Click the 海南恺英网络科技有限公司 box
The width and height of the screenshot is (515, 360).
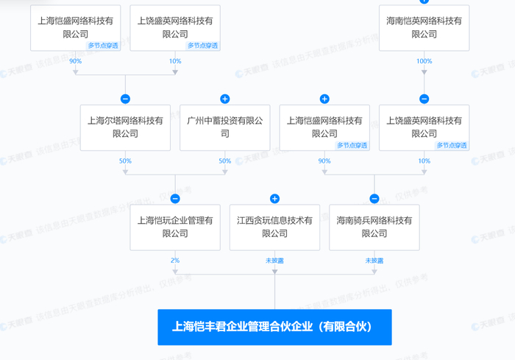click(424, 28)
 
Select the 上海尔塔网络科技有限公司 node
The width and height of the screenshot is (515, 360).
click(125, 127)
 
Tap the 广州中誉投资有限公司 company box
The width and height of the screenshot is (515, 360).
click(224, 127)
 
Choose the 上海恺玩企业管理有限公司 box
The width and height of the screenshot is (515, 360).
click(174, 227)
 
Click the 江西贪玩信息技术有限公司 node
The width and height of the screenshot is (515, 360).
click(274, 227)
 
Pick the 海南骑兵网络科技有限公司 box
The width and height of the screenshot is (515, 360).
click(374, 227)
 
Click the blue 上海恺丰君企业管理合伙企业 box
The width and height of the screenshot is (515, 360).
click(274, 327)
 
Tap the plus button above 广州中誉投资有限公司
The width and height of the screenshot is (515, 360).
click(224, 99)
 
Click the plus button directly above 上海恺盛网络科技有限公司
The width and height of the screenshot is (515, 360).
click(324, 99)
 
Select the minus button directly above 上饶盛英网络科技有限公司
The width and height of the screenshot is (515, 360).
click(424, 99)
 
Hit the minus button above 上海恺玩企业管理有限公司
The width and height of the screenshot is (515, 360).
click(174, 198)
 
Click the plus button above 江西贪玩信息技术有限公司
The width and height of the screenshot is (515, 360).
click(274, 198)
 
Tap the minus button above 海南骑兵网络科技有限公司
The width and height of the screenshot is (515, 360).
click(374, 198)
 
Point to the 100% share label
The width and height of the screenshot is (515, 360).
click(424, 61)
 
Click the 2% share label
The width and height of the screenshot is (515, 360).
click(174, 261)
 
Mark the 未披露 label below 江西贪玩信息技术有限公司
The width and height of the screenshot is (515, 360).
click(274, 261)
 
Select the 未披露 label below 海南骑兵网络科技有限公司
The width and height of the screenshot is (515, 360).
click(374, 261)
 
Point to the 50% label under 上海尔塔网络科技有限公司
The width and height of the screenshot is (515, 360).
click(125, 160)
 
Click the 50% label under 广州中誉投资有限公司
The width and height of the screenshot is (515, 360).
click(224, 160)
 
